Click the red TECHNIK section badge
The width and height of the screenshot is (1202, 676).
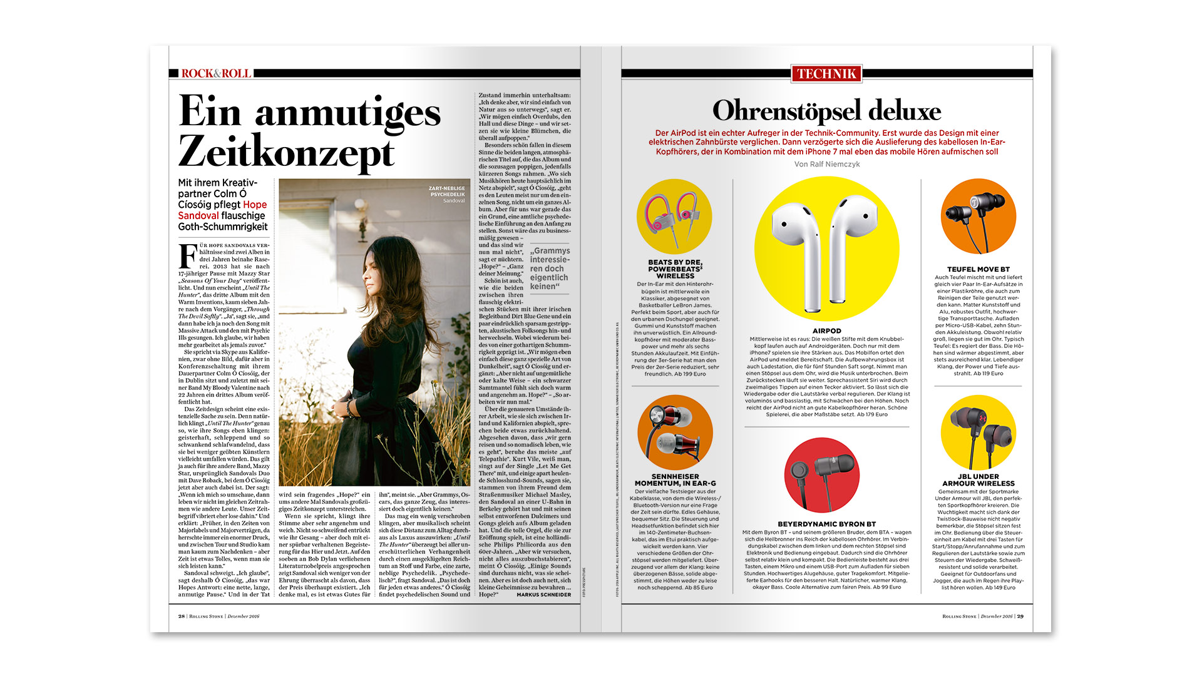click(x=826, y=74)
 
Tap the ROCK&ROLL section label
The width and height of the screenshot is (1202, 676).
click(x=216, y=73)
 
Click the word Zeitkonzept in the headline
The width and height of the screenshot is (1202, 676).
click(x=287, y=152)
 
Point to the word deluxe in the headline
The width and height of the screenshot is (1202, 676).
click(x=904, y=111)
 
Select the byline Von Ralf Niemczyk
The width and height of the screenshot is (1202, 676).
click(x=826, y=164)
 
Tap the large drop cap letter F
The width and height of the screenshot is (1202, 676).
click(x=187, y=255)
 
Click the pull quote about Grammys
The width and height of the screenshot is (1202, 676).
click(x=550, y=269)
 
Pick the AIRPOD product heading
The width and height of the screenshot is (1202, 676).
click(x=826, y=330)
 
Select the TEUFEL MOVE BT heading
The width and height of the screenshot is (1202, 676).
click(x=978, y=269)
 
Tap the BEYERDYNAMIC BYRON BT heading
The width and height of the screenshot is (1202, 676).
click(x=826, y=524)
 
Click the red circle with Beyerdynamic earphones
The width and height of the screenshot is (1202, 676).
click(x=821, y=475)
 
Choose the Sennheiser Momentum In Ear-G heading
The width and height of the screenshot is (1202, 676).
click(x=675, y=480)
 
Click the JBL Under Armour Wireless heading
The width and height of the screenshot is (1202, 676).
click(x=978, y=480)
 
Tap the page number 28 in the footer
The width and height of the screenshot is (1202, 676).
click(x=182, y=616)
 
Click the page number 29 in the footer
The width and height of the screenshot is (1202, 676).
click(x=1020, y=616)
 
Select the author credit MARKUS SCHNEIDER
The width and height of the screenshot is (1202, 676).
click(x=543, y=595)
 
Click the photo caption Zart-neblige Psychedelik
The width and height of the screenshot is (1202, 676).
click(x=446, y=191)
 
